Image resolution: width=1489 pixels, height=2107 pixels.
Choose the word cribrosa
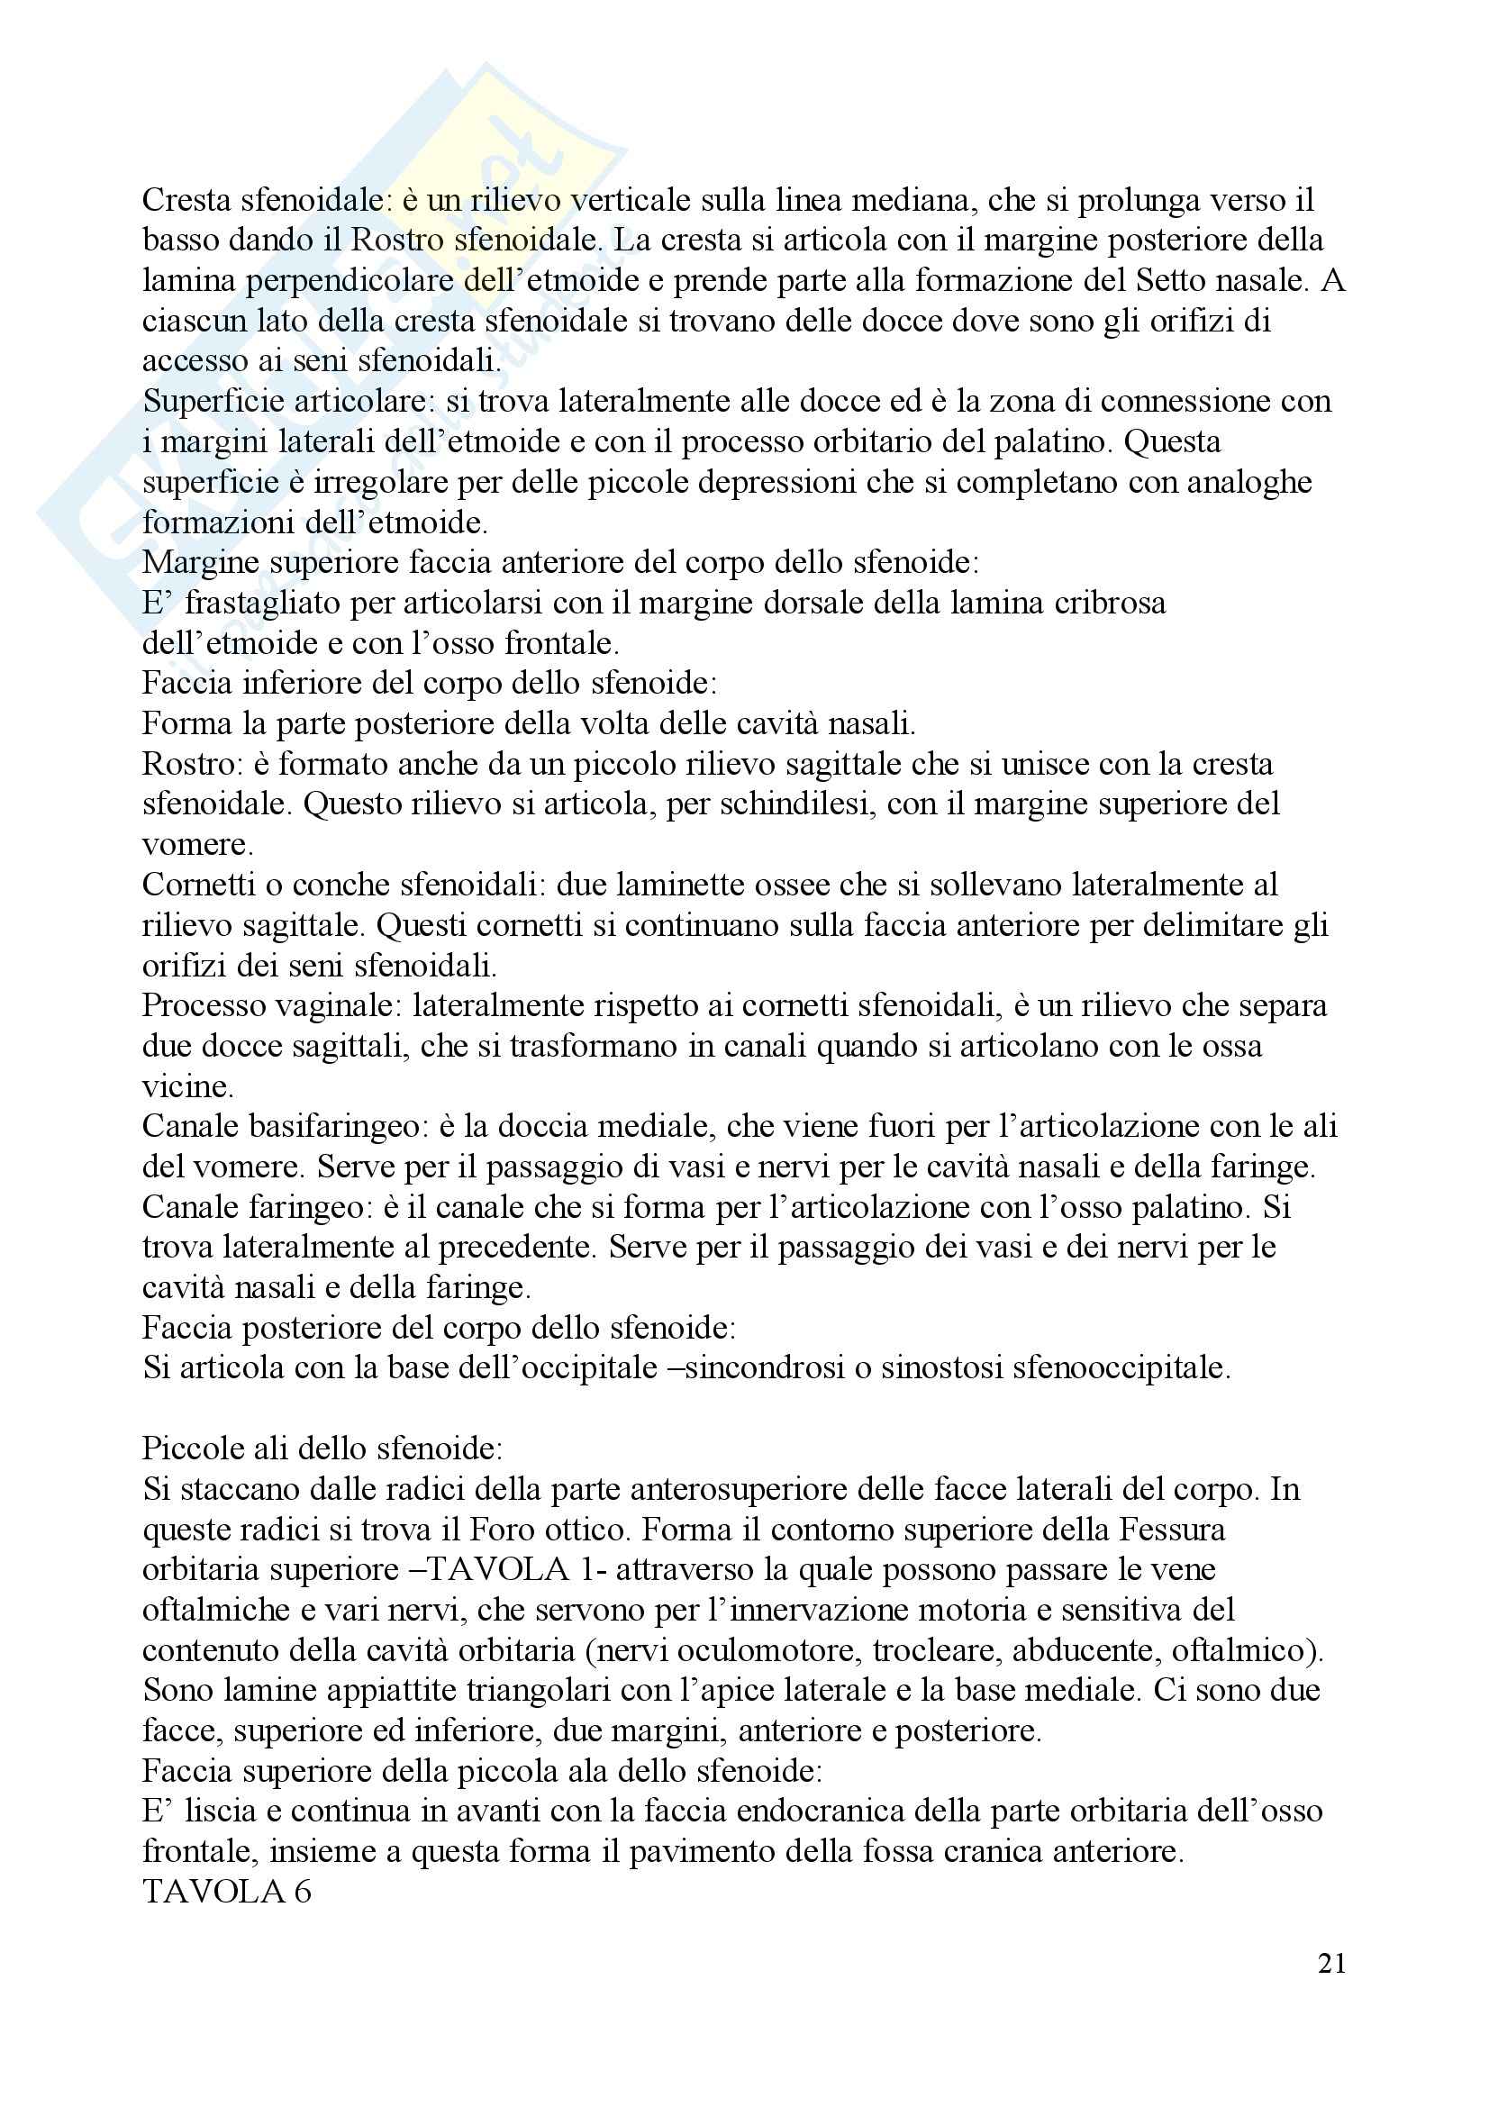tap(1105, 603)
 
